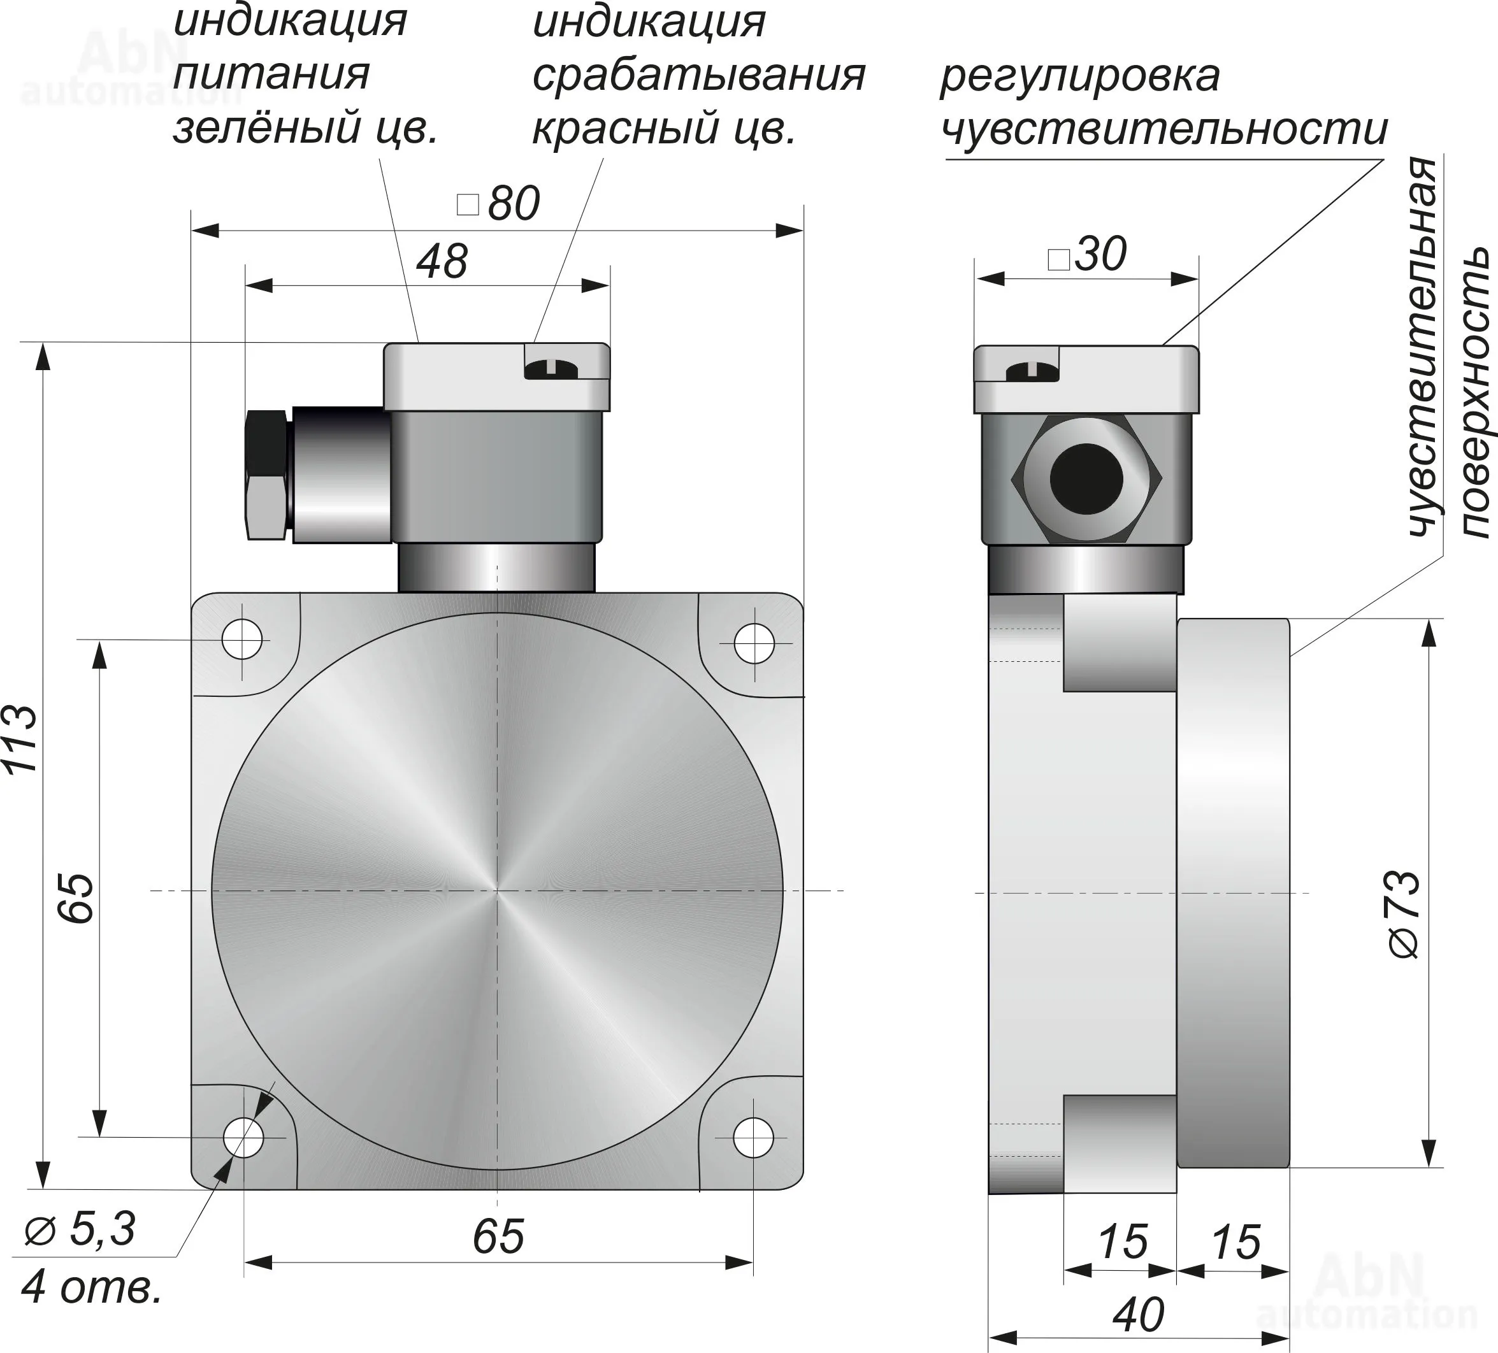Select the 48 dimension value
442,262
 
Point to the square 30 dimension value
1088,255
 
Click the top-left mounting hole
242,639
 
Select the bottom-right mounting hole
753,1137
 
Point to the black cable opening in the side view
1086,479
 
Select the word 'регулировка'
1079,76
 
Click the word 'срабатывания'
698,75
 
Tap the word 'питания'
271,75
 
